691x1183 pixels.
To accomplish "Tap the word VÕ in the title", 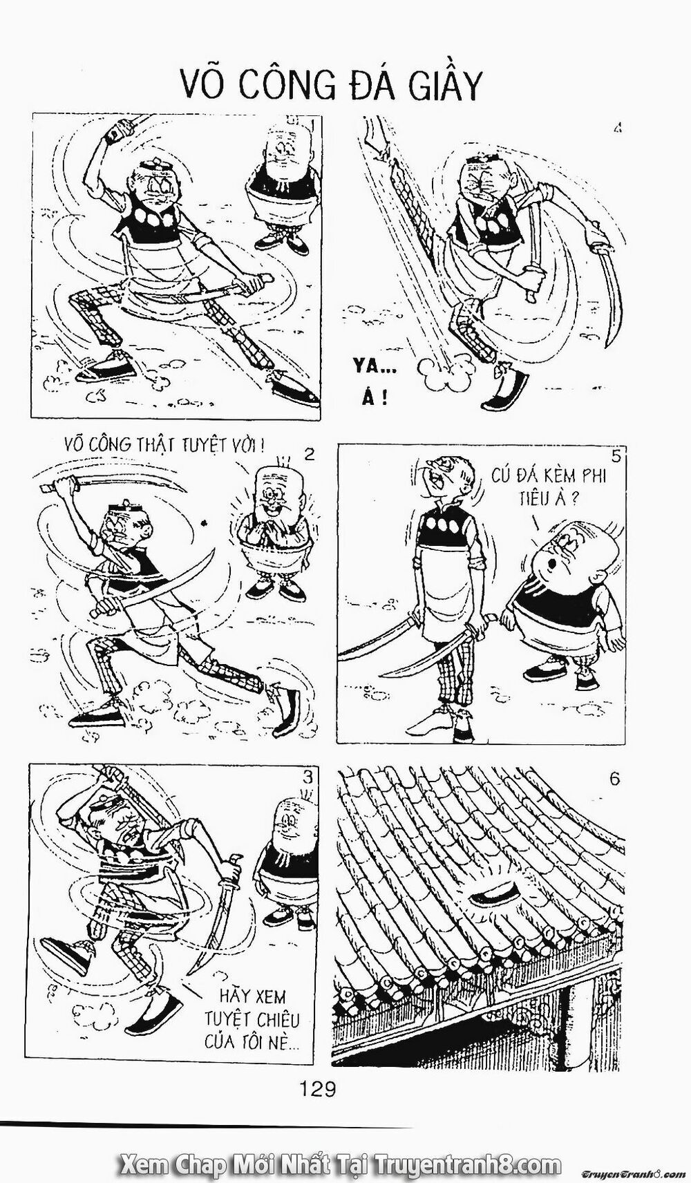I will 206,88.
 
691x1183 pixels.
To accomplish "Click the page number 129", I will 319,1089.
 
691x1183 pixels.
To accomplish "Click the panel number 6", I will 614,779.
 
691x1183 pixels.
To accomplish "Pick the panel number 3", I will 307,777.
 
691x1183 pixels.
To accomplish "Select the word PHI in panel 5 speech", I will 586,476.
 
